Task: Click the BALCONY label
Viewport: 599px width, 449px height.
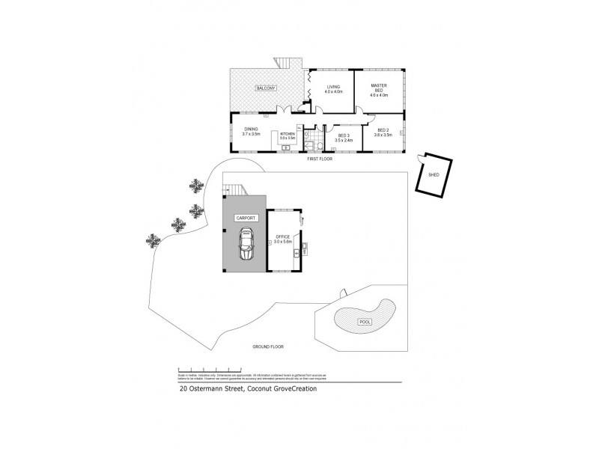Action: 266,88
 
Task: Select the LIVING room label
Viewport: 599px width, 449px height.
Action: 334,86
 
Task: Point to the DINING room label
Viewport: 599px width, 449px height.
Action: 251,128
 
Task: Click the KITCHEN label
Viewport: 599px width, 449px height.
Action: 288,134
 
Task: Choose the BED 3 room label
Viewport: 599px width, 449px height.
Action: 343,135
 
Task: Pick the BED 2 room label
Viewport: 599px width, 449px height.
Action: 383,130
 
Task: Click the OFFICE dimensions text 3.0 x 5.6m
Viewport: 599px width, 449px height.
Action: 282,242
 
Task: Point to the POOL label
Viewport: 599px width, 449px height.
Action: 365,321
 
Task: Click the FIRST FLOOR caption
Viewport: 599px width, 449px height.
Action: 320,159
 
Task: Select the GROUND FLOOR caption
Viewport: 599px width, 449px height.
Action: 268,347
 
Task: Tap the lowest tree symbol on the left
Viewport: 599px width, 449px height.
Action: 153,240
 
